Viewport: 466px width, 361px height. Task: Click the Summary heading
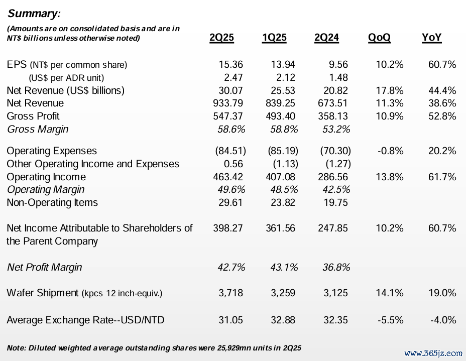pos(34,14)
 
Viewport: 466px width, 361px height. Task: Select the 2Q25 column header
pos(222,38)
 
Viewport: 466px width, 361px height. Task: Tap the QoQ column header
pos(379,38)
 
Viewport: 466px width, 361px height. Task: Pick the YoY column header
pos(431,38)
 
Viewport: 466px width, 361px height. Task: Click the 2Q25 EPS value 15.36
pos(230,64)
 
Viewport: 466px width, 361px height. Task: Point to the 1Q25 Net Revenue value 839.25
pos(280,103)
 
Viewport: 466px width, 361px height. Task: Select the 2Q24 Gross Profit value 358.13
pos(333,116)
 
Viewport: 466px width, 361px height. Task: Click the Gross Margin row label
pos(38,129)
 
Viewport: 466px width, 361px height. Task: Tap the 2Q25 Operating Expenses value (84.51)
pos(230,151)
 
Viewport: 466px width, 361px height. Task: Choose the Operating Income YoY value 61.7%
pos(442,177)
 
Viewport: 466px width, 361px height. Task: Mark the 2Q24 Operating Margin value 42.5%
pos(336,190)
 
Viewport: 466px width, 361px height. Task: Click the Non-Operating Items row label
pos(52,203)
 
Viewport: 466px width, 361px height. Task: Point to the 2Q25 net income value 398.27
pos(228,228)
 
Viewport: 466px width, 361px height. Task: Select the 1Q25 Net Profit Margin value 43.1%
pos(284,268)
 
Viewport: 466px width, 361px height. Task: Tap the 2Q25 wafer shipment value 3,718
pos(230,293)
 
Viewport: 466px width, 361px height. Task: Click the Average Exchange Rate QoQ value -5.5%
pos(391,320)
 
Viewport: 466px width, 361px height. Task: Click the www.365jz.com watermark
pos(433,353)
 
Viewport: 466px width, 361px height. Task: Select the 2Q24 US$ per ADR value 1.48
pos(338,77)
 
